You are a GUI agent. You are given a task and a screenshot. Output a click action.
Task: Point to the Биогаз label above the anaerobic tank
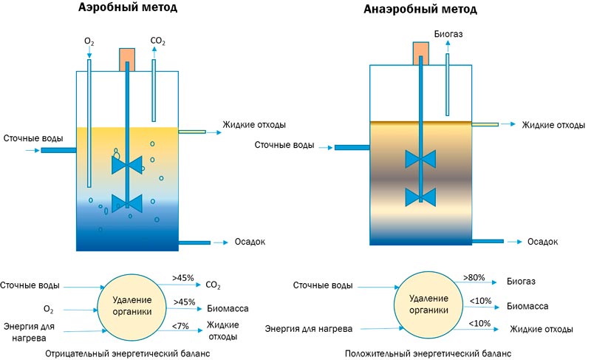(448, 34)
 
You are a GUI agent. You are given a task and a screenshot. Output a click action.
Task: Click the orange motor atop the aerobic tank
(127, 59)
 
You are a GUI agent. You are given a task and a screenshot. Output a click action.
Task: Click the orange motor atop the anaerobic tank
(420, 52)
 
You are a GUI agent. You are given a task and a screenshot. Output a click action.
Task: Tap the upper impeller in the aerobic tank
(126, 165)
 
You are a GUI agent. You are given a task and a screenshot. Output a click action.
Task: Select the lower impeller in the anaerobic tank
(420, 196)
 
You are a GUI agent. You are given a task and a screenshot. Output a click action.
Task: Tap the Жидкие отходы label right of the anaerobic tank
(548, 124)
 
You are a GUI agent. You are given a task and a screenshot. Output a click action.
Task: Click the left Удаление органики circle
(132, 305)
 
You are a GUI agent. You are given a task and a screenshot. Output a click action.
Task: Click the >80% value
(474, 277)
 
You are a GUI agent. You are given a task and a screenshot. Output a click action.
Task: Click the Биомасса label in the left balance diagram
(227, 308)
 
